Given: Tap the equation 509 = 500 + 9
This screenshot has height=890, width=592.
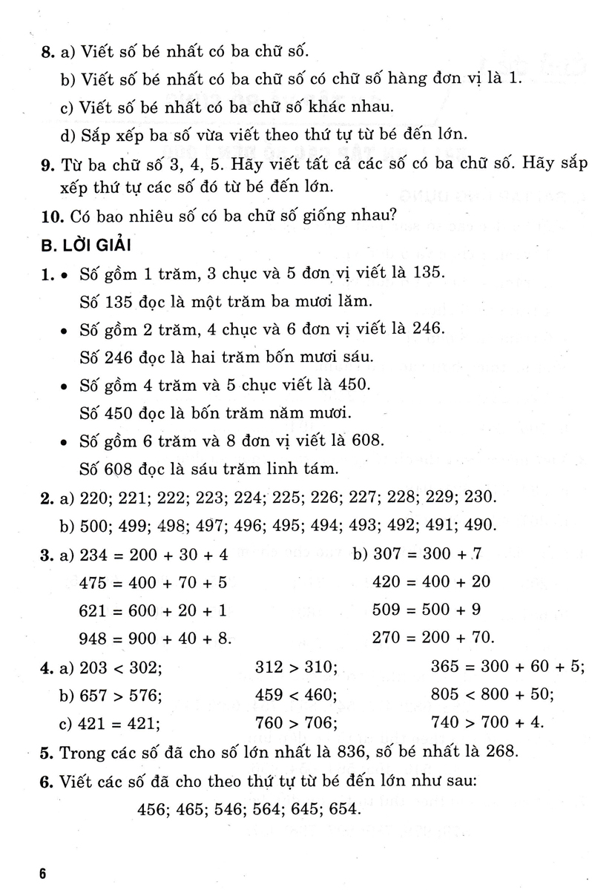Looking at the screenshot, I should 427,609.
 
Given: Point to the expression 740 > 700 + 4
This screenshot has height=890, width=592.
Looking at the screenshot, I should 486,722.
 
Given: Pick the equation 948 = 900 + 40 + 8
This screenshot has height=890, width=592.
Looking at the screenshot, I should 155,636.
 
